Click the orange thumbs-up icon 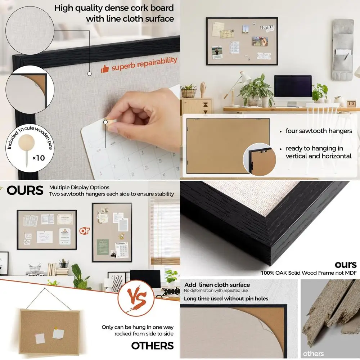tap(105, 69)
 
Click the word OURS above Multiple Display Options tap(25, 190)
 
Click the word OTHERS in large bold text tap(152, 346)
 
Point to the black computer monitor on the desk tap(293, 86)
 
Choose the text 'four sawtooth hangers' tap(319, 131)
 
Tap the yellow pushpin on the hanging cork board tap(56, 328)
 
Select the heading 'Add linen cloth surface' tap(217, 285)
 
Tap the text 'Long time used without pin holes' tap(226, 298)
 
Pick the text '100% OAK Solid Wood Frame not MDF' tap(309, 273)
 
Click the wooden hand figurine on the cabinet tap(203, 89)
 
